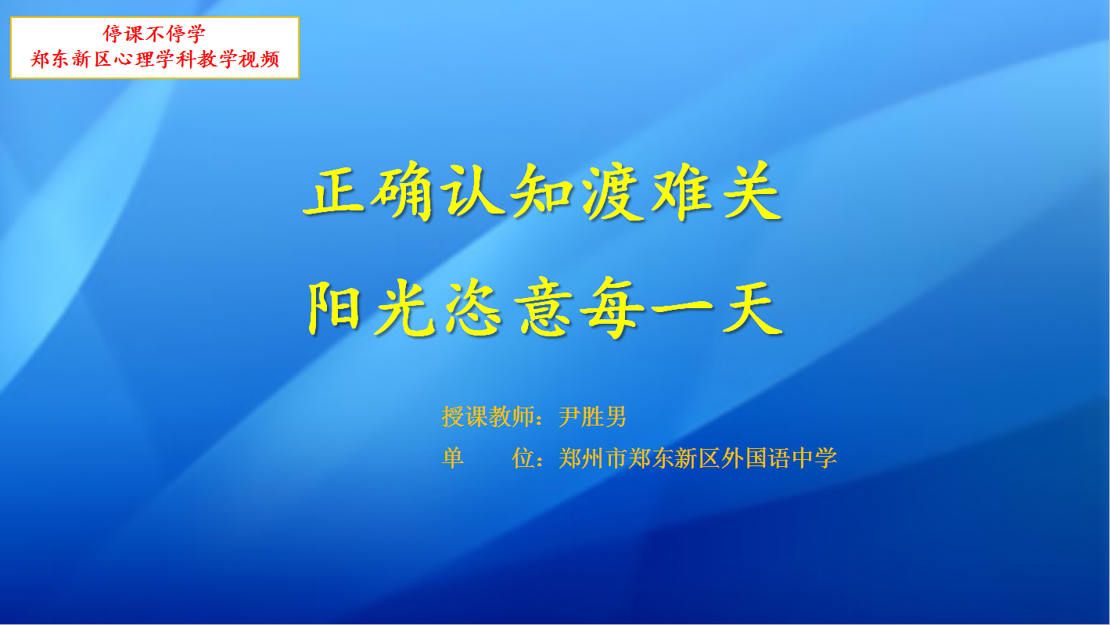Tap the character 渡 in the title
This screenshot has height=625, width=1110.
pyautogui.click(x=612, y=192)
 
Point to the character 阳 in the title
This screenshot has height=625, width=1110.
pyautogui.click(x=335, y=307)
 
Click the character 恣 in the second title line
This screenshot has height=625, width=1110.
pyautogui.click(x=474, y=307)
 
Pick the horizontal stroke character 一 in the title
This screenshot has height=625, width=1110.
pyautogui.click(x=682, y=308)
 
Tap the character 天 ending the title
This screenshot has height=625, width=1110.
pyautogui.click(x=753, y=308)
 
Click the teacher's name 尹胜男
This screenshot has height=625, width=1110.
pyautogui.click(x=593, y=417)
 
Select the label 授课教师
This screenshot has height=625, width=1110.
pyautogui.click(x=488, y=417)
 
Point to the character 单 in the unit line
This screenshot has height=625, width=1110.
pyautogui.click(x=453, y=458)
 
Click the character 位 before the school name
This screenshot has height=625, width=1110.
pyautogui.click(x=523, y=458)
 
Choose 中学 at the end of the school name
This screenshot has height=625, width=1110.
pyautogui.click(x=814, y=458)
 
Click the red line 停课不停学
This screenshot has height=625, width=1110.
pyautogui.click(x=154, y=34)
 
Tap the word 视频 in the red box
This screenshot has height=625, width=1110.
pyautogui.click(x=259, y=59)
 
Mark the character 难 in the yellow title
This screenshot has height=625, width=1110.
pyautogui.click(x=682, y=192)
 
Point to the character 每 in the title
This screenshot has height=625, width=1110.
pyautogui.click(x=612, y=308)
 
